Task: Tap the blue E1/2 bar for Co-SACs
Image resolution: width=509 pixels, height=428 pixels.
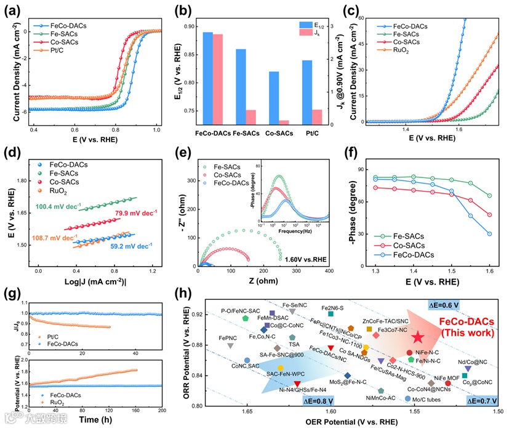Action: point(274,99)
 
